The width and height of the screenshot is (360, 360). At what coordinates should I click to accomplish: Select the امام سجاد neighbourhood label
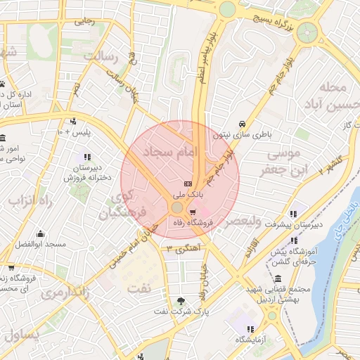tap(171, 153)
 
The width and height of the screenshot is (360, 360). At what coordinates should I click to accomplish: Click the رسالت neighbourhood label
tap(103, 56)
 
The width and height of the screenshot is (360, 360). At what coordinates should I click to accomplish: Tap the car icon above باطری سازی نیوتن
tap(242, 122)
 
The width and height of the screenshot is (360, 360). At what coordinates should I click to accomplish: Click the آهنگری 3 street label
tap(179, 249)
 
